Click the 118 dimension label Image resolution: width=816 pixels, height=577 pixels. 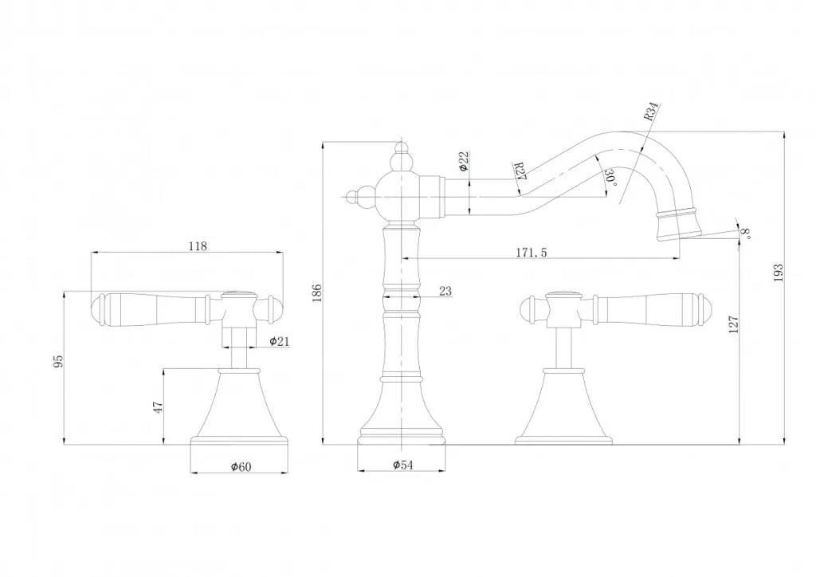[x=198, y=246]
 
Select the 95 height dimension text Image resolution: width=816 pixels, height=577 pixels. [x=57, y=362]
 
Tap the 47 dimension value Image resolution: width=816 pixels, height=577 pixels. [x=159, y=406]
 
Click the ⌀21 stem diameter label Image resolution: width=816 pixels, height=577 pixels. [x=279, y=341]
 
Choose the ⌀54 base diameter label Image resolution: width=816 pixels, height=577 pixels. [x=403, y=466]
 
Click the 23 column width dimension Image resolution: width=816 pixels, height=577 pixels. [x=445, y=292]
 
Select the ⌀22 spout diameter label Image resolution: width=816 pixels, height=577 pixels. [x=463, y=162]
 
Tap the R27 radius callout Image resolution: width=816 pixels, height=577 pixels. [x=519, y=171]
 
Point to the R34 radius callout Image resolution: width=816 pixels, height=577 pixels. [x=651, y=111]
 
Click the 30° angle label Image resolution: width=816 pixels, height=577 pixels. [x=610, y=177]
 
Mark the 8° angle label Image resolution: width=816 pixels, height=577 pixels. [x=746, y=234]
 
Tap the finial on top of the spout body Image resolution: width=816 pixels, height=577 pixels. [x=403, y=151]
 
